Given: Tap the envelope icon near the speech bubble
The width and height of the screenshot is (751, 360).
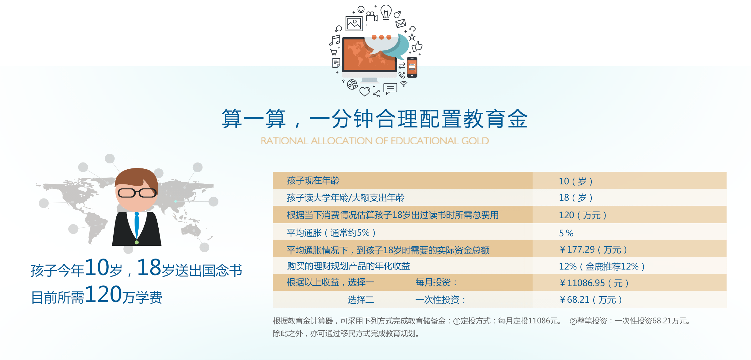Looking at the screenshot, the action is pos(401,23).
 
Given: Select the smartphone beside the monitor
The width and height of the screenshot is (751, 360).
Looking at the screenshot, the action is pos(412,67).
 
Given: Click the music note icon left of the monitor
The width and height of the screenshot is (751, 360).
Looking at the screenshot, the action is pos(335,40).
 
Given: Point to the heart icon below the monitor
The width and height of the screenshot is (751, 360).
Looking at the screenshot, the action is pos(365,91).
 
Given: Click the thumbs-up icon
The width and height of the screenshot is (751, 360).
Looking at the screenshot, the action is pos(417,46).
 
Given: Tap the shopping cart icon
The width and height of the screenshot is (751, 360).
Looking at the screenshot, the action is pos(334,52).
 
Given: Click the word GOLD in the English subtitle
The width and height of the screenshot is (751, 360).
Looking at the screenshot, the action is pos(475,141).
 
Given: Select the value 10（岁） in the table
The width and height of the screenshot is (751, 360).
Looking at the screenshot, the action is pos(575,181).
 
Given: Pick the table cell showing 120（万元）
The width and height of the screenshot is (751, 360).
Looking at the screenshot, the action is pos(582,215).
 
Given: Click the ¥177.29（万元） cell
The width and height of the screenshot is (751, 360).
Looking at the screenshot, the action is pos(593,249).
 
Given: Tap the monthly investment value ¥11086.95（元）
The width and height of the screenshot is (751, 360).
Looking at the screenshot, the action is pos(594,283).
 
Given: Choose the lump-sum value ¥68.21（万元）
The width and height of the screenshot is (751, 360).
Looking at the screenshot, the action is pos(590,300).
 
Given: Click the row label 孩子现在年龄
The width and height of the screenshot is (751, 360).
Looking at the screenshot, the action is pos(313,181).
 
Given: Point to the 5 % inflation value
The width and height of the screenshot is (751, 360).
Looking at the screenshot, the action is pos(566,233).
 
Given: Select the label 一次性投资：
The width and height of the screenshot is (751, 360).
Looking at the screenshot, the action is pos(440,300).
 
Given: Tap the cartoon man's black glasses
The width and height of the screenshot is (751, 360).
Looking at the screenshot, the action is pos(137,193).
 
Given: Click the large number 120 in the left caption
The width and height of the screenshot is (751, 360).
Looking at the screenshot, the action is pos(103,294).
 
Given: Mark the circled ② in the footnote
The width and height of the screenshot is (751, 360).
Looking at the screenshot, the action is pos(573,321).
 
